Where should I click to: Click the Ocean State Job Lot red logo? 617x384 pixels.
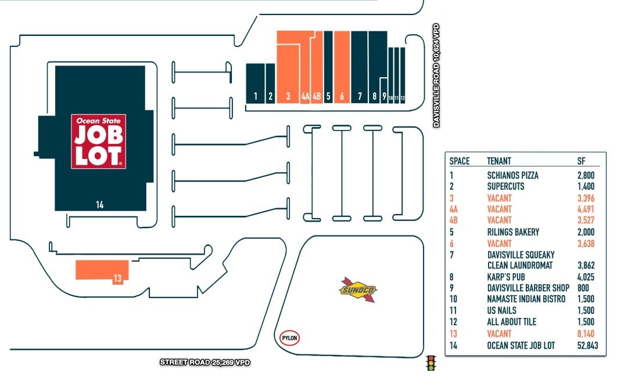coord(99,142)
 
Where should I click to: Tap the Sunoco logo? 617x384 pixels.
coord(357,289)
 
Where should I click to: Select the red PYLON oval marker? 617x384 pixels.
coord(289,338)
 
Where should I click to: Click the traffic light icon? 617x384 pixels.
coord(431,363)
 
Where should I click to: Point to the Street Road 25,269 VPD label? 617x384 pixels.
coord(205,363)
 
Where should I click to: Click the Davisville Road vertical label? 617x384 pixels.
coord(436,75)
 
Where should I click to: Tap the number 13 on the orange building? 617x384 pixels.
coord(117,278)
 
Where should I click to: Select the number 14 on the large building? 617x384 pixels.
coord(100,204)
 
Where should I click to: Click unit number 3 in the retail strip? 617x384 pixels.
coord(288,97)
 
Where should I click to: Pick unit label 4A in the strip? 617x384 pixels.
coord(305,97)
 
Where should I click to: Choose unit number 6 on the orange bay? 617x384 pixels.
coord(342,97)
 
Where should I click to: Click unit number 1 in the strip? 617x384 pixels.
coord(256,97)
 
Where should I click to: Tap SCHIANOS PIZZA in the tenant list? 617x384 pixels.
coord(513,175)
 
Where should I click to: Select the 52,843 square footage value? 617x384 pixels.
coord(589,346)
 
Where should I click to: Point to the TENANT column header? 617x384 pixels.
coord(499,161)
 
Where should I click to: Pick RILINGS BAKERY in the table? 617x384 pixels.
coord(513,232)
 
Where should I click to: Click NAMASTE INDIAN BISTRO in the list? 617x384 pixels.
coord(526,299)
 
